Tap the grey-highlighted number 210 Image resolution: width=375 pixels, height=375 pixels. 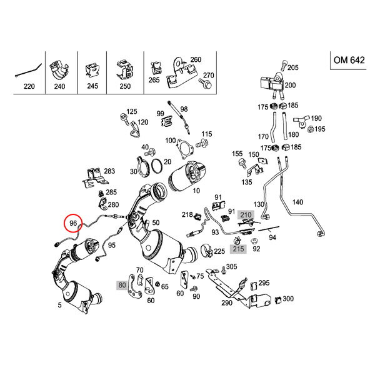click(x=246, y=215)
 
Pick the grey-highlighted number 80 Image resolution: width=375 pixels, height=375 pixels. click(x=121, y=285)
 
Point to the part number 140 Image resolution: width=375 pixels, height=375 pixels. click(x=297, y=202)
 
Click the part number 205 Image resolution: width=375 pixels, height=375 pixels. click(x=293, y=67)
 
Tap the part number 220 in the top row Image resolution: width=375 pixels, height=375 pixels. click(x=28, y=87)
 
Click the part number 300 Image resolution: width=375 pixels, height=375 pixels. click(x=287, y=299)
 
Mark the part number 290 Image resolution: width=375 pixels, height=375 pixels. click(x=226, y=302)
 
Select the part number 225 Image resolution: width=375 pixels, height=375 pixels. click(x=219, y=252)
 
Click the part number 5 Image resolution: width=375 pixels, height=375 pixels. click(x=59, y=306)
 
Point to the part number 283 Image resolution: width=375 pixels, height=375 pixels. click(x=109, y=171)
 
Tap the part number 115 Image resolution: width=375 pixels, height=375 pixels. click(x=207, y=134)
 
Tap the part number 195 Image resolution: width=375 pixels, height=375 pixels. click(x=320, y=129)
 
